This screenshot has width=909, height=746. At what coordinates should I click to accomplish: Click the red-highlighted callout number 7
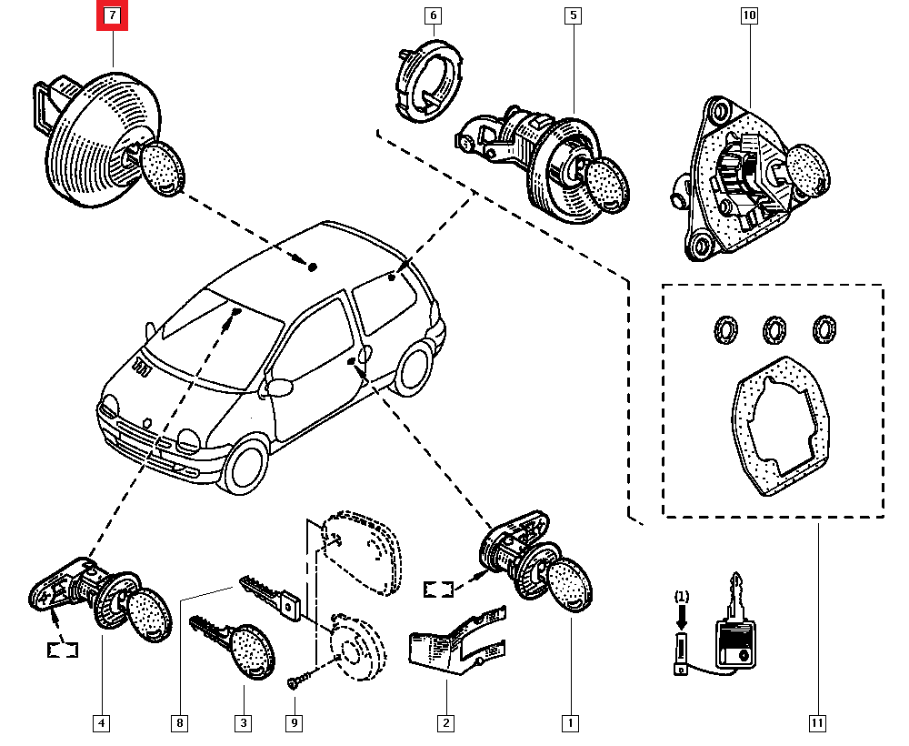pyautogui.click(x=113, y=15)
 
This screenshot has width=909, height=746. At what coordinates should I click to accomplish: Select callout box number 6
pyautogui.click(x=432, y=15)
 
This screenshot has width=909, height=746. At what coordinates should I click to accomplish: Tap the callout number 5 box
pyautogui.click(x=573, y=15)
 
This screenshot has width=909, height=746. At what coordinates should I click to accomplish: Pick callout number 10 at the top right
pyautogui.click(x=749, y=15)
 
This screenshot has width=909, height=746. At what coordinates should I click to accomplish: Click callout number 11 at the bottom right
pyautogui.click(x=817, y=723)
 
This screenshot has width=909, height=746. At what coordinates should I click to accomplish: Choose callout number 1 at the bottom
pyautogui.click(x=570, y=723)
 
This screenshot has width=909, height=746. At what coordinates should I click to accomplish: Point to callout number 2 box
pyautogui.click(x=446, y=723)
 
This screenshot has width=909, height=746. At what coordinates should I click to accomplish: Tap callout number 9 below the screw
pyautogui.click(x=295, y=723)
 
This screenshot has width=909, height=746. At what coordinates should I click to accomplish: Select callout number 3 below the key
pyautogui.click(x=244, y=723)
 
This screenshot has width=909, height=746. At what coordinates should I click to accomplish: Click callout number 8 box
pyautogui.click(x=180, y=723)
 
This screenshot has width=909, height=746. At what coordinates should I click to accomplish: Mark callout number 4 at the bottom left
pyautogui.click(x=102, y=723)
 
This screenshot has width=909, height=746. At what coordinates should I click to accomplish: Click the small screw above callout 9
pyautogui.click(x=296, y=681)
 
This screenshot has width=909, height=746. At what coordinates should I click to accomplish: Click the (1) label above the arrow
pyautogui.click(x=682, y=597)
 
